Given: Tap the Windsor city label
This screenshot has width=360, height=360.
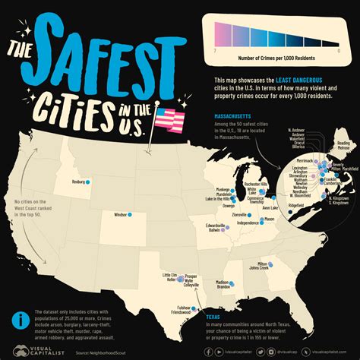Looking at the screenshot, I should click(120, 215).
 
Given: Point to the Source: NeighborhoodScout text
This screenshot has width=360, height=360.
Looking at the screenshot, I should click(96, 351).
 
